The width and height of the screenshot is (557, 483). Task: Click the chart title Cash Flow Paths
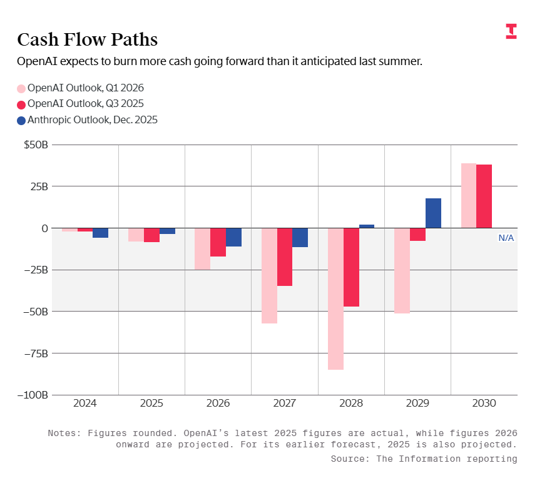point(87,40)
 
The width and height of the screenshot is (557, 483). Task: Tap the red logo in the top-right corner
point(511,31)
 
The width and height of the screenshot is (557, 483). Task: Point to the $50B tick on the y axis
point(36,145)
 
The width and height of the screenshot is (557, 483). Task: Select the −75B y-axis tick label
point(35,353)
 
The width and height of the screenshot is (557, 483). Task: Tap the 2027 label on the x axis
point(285,404)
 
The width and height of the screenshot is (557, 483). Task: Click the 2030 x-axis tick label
point(484,404)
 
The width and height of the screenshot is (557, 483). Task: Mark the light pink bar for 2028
point(335,298)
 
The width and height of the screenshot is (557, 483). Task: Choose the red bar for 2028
point(351,267)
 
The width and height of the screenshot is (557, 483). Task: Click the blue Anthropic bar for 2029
point(433,213)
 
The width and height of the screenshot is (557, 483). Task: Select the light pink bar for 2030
point(469,196)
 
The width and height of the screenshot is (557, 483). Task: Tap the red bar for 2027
point(285,257)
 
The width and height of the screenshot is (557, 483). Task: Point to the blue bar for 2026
point(234,237)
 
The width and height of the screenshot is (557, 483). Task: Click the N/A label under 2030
point(506,238)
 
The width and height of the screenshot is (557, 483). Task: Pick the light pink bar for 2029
point(402,270)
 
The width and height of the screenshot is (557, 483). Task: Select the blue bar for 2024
point(100,233)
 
